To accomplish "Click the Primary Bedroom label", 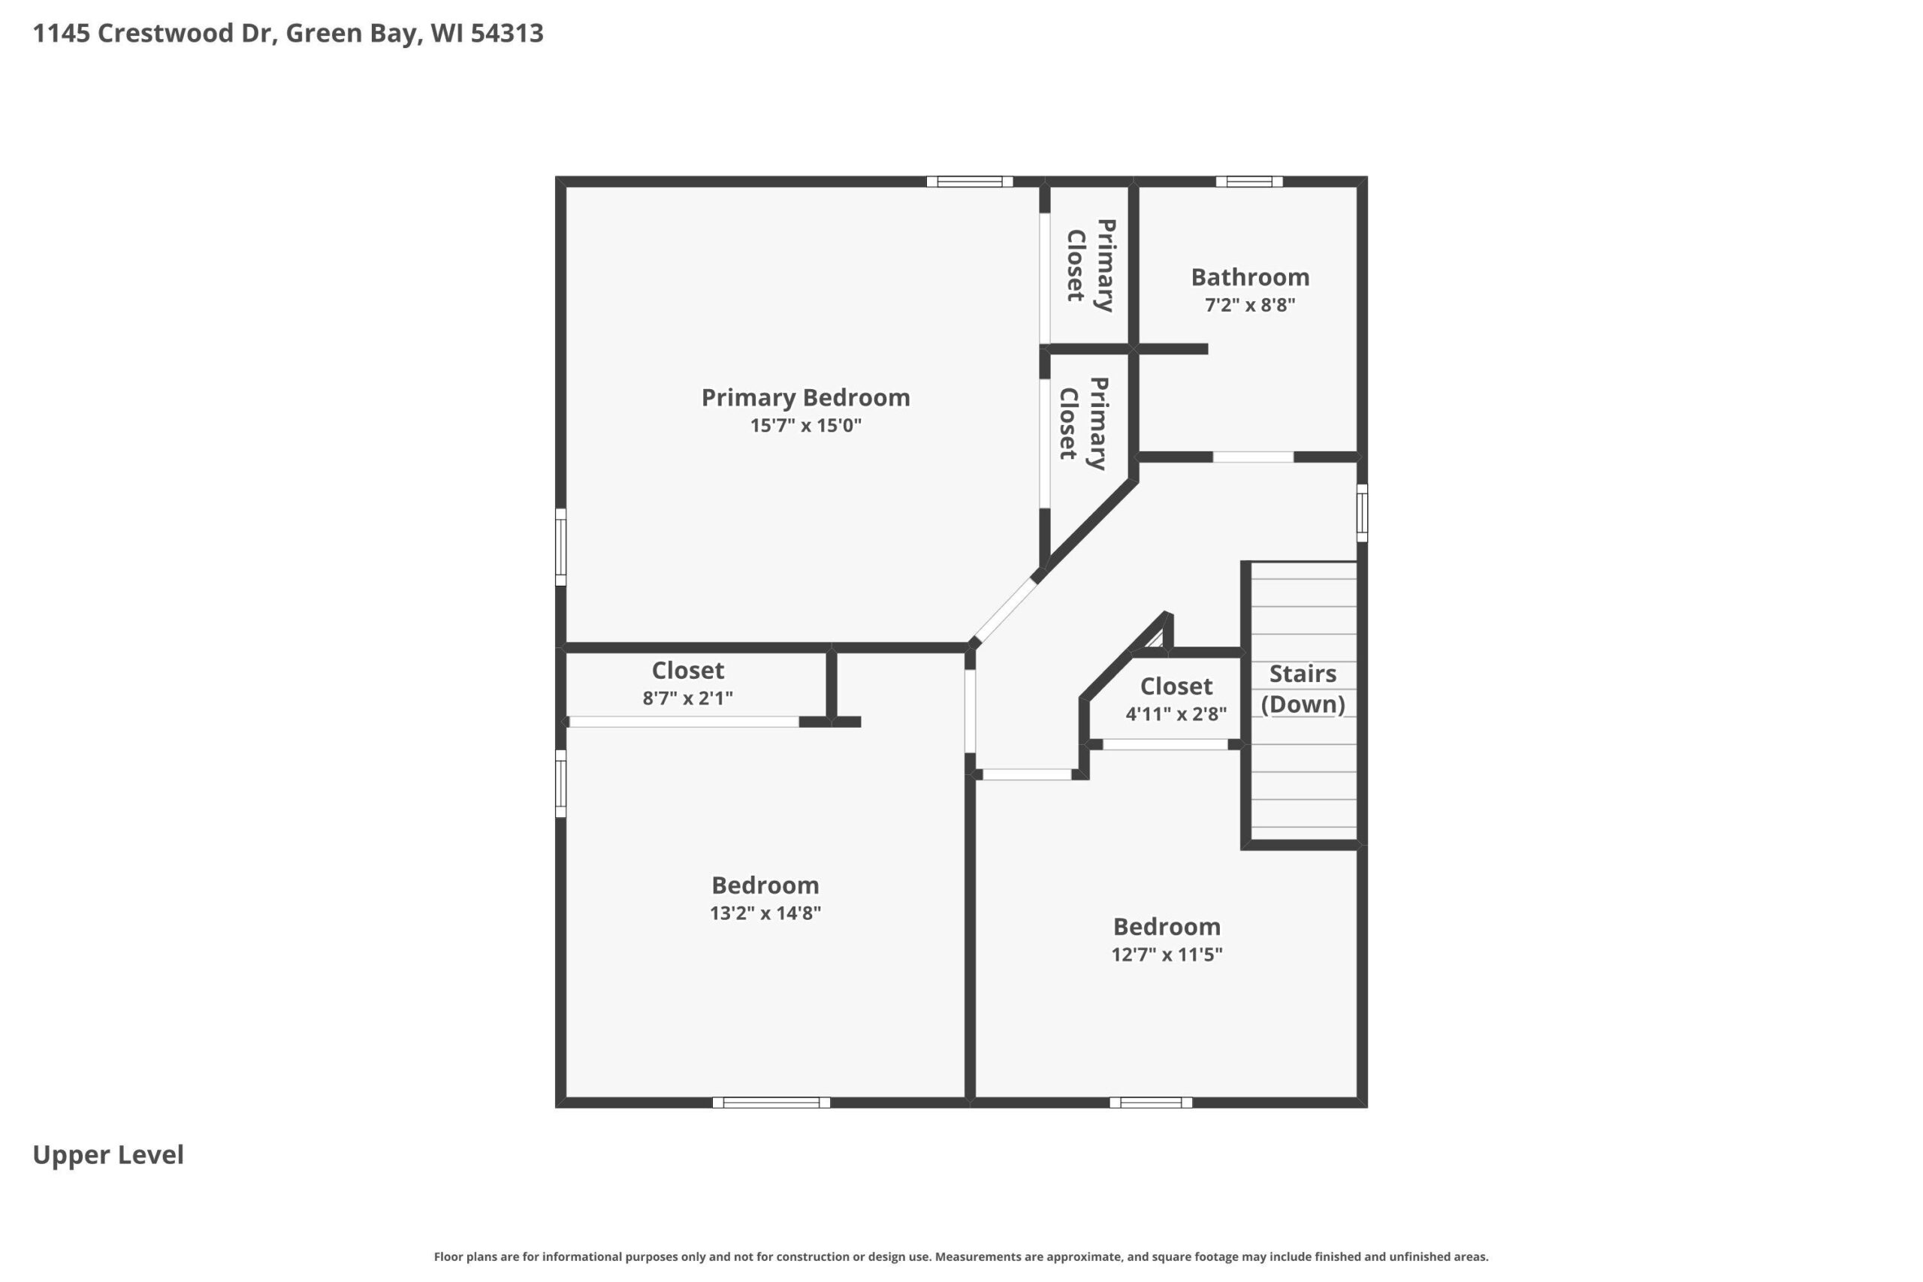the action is coord(805,397).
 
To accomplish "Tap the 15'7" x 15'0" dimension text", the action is coord(805,425).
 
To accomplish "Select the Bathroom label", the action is coord(1250,277).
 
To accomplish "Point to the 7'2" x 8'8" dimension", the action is coord(1250,305).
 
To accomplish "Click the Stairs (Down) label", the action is coord(1303,689).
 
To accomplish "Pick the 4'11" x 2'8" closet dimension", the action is coord(1176,713).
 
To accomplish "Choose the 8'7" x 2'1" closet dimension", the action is coord(687,698).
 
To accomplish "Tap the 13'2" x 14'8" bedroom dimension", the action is coord(765,912).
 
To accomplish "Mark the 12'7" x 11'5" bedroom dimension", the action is coord(1167,954).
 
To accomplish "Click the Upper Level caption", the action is coord(108,1154).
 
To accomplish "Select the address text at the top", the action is coord(288,33).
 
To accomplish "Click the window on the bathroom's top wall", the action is coord(1248,182).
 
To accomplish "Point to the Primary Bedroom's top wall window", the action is coord(970,182).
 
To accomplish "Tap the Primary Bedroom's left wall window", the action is coord(561,547).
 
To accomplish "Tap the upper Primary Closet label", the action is coord(1091,266).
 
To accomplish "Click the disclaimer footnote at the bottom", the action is coord(961,1256).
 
